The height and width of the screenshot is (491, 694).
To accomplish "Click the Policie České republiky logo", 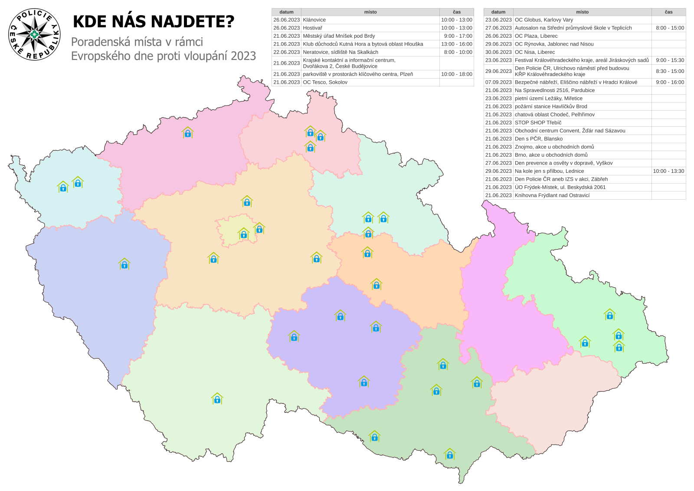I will pos(34,34).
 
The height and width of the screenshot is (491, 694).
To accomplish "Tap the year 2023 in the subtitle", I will pos(243,56).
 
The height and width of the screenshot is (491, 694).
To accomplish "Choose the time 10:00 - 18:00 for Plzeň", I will pos(456,74).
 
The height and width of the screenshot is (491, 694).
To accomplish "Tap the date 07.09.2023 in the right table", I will pos(498,82).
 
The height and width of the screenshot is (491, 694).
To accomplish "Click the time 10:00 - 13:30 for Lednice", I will pos(668,171).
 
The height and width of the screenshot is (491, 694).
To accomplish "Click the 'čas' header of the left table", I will pos(456,12).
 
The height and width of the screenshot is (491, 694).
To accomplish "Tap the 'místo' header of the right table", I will pos(582,12).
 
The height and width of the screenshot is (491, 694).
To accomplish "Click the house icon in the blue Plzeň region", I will pos(124,264).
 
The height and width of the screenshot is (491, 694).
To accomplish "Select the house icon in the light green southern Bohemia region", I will pos(217,399).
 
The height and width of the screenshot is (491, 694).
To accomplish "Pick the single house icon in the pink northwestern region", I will pos(187,132).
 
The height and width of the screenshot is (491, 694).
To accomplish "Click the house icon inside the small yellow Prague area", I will pos(244,234).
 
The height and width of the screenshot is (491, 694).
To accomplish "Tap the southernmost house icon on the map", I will pos(450,454).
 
